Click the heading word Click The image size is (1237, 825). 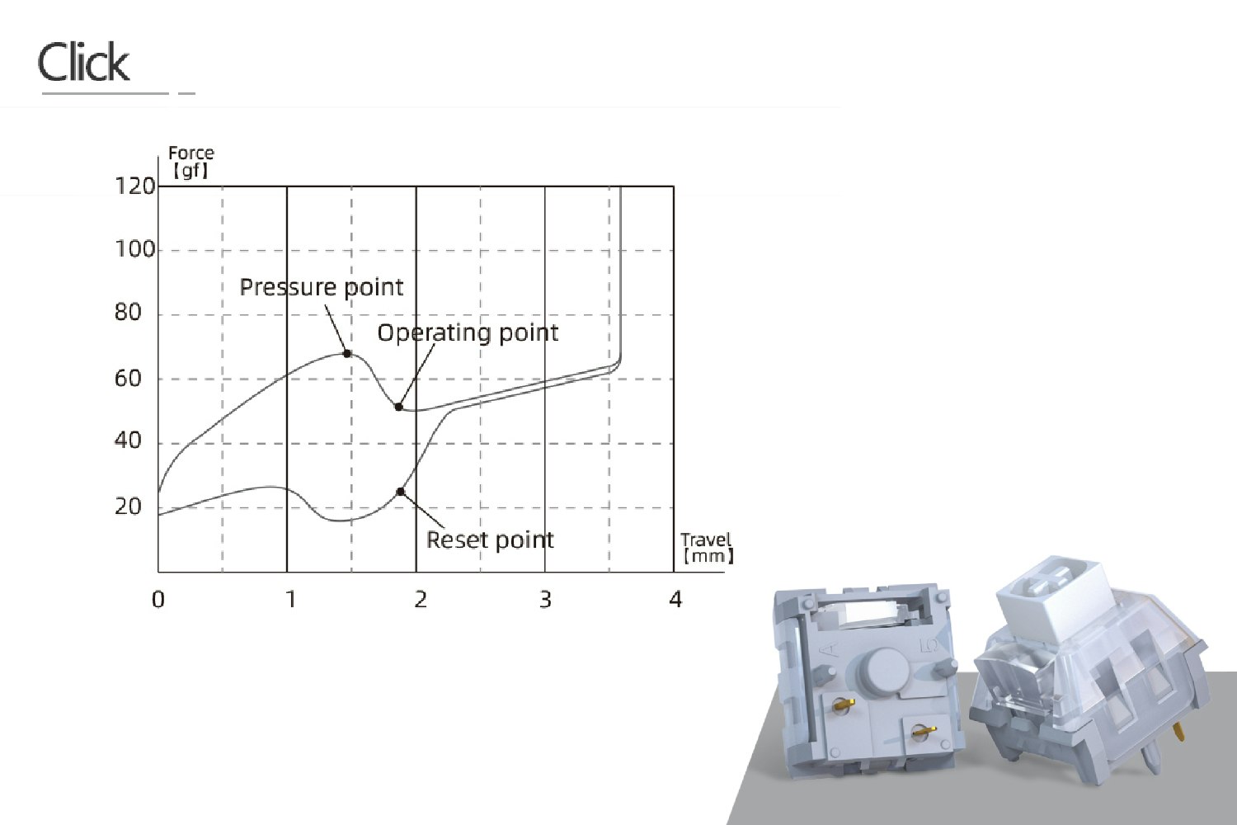pyautogui.click(x=83, y=62)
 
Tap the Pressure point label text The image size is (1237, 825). pyautogui.click(x=321, y=287)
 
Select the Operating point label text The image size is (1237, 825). pyautogui.click(x=468, y=332)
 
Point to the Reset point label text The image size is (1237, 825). pyautogui.click(x=490, y=540)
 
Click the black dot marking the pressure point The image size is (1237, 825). pyautogui.click(x=347, y=354)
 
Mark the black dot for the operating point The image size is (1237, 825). pyautogui.click(x=398, y=408)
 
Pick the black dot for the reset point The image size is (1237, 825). pyautogui.click(x=401, y=492)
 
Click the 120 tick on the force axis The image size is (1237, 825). pyautogui.click(x=134, y=186)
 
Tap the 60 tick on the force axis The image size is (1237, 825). pyautogui.click(x=128, y=379)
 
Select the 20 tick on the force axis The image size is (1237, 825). pyautogui.click(x=128, y=507)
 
